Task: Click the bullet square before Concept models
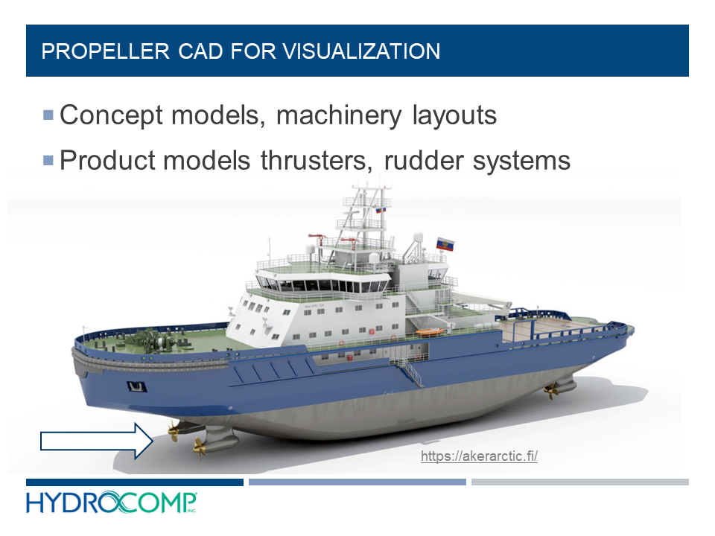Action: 48,115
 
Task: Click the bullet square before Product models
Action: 48,160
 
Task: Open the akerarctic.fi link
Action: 479,456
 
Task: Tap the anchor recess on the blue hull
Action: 136,386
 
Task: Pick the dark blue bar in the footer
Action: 135,482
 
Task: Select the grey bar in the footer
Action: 579,482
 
